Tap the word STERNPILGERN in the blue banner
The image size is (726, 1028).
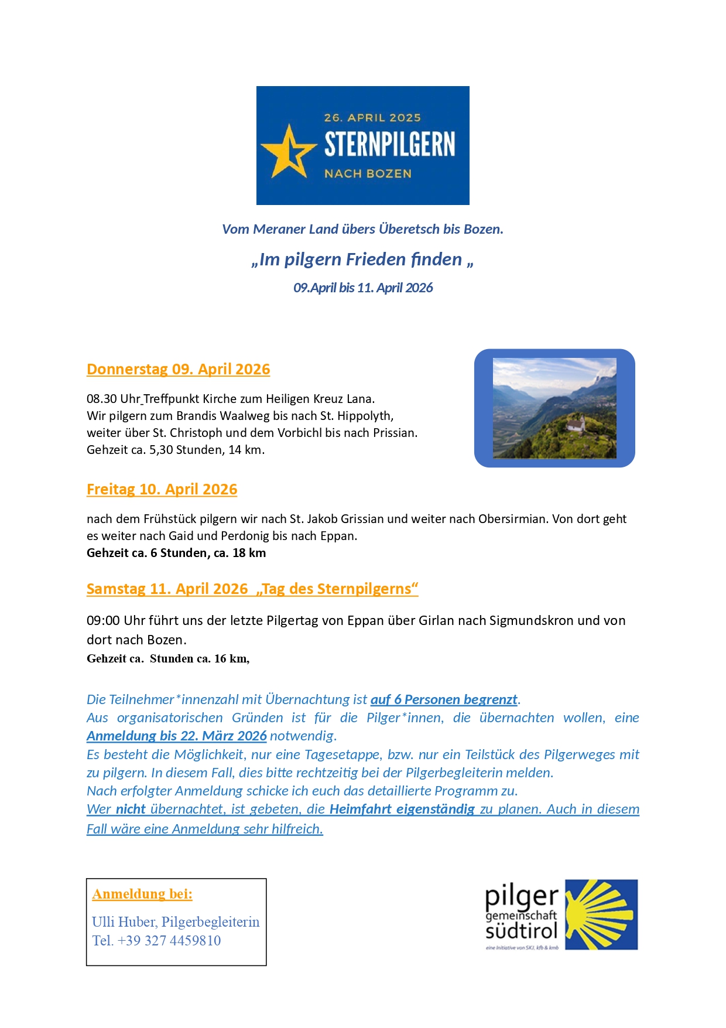tap(389, 145)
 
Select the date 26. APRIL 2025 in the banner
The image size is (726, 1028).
tap(372, 118)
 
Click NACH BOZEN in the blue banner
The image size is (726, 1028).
tap(368, 173)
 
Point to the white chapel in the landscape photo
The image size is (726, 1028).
tap(575, 422)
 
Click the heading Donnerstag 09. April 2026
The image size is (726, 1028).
tap(178, 370)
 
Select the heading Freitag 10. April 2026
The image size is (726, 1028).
tap(162, 490)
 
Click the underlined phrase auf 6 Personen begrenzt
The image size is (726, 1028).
tap(444, 699)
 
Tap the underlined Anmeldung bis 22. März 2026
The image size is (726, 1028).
tap(176, 736)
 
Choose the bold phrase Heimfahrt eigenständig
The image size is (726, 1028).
tap(402, 809)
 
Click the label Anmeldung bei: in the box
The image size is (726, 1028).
tap(142, 894)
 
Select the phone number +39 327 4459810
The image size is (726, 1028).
tap(169, 941)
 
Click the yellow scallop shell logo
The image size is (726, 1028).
tap(602, 914)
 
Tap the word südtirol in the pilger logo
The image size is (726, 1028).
tap(521, 931)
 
